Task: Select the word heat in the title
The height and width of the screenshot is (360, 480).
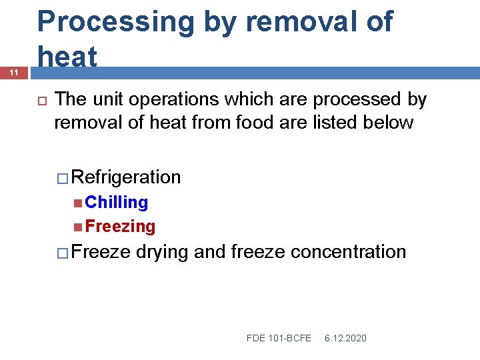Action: (67, 57)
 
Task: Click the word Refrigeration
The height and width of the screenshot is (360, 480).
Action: (126, 177)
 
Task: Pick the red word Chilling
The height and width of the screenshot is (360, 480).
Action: (117, 202)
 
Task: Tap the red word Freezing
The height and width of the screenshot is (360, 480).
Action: (120, 227)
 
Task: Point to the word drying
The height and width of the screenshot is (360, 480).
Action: (161, 251)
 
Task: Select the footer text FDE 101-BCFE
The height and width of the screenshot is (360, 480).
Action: (279, 338)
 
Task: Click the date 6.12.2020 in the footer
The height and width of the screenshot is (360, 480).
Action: (345, 338)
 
